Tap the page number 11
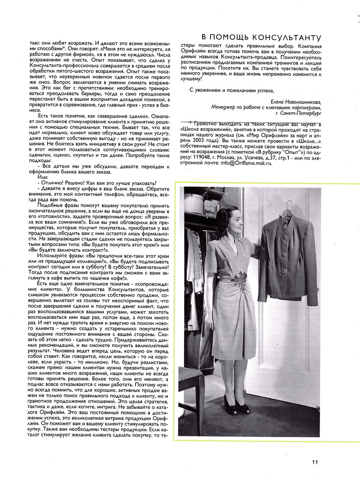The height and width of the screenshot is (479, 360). click(315, 462)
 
